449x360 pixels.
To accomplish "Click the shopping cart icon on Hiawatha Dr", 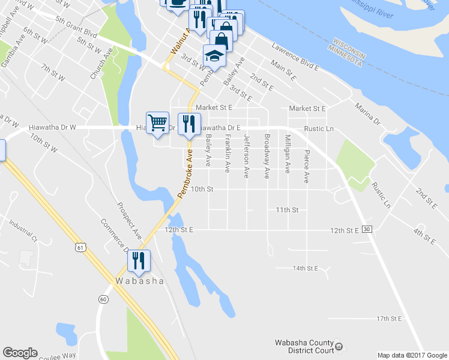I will (x=157, y=123).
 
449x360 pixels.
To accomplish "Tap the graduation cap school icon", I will (x=214, y=55).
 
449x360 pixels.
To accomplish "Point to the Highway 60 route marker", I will (x=103, y=299).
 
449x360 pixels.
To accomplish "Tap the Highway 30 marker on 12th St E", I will (x=367, y=230).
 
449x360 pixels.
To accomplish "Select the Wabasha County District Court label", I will (x=304, y=347).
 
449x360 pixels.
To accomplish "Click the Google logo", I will (x=20, y=353).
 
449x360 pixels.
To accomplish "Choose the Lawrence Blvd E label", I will (x=295, y=57).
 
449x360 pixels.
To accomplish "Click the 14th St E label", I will (x=305, y=268).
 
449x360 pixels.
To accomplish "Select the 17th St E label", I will (x=388, y=318).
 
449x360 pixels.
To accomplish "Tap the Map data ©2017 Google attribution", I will (x=412, y=355).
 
